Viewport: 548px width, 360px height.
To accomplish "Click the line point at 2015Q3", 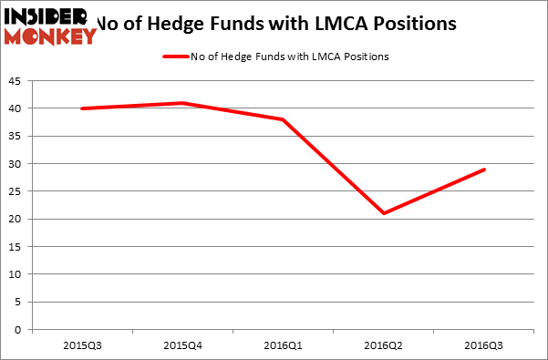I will tap(82, 108).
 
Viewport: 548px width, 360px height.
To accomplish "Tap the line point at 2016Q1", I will tap(284, 119).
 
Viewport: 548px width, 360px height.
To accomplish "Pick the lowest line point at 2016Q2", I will tap(385, 213).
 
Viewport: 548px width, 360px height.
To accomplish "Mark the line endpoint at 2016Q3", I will tap(485, 170).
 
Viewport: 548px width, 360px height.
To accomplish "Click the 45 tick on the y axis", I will tap(16, 81).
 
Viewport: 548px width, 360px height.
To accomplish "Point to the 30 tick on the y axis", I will tap(16, 164).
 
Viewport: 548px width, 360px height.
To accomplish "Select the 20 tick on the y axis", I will tap(16, 219).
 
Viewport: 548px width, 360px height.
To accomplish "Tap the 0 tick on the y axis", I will tap(19, 329).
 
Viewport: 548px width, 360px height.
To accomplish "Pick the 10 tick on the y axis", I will tap(16, 274).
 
